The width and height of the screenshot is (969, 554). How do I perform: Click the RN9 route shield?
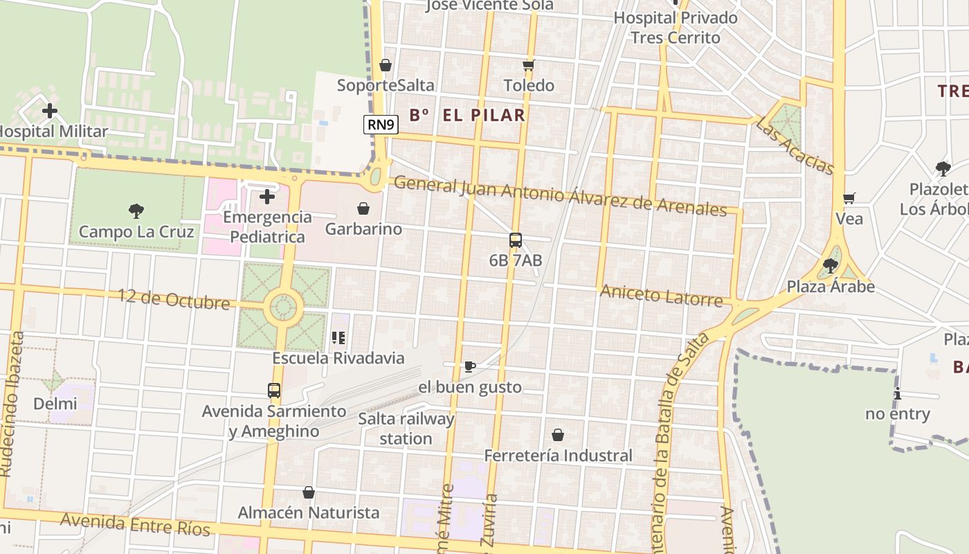[x=381, y=125]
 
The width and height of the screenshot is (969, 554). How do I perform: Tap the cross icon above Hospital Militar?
[x=50, y=110]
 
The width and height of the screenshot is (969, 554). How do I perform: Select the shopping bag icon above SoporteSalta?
[x=386, y=65]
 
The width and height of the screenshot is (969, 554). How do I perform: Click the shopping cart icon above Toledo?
[x=529, y=65]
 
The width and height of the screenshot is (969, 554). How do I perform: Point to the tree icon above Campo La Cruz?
[x=136, y=211]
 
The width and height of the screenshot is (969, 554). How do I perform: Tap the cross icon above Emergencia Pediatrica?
[x=267, y=197]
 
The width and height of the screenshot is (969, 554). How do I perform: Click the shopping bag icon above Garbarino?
[x=363, y=208]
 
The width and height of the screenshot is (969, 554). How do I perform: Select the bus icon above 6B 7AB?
[x=516, y=240]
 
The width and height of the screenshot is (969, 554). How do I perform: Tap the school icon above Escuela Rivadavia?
[x=338, y=338]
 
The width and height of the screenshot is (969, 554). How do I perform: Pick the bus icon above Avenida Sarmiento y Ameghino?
[x=274, y=391]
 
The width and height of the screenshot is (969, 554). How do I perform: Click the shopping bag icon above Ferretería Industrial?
[x=558, y=435]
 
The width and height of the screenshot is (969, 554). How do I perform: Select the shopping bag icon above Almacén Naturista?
[x=309, y=492]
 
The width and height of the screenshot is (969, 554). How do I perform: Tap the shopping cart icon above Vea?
[x=849, y=199]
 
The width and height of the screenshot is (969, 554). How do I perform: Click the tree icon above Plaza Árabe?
[x=831, y=265]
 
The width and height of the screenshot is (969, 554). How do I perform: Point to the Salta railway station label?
[x=406, y=429]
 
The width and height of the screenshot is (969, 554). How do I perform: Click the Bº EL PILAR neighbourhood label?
[x=467, y=115]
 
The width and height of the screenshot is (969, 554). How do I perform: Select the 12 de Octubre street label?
[x=174, y=300]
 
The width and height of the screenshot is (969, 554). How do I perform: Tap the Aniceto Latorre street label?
[x=661, y=296]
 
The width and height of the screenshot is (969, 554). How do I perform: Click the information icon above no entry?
[x=898, y=394]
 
